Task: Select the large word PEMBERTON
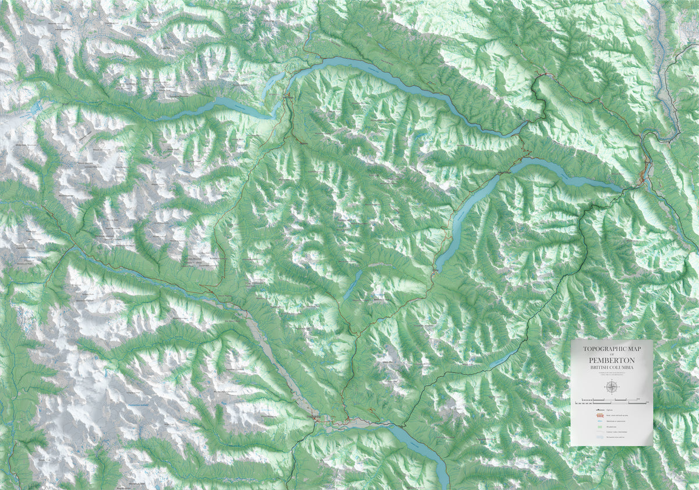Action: pos(612,360)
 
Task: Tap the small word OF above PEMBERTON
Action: pos(612,355)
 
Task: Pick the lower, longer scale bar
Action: pos(612,403)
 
